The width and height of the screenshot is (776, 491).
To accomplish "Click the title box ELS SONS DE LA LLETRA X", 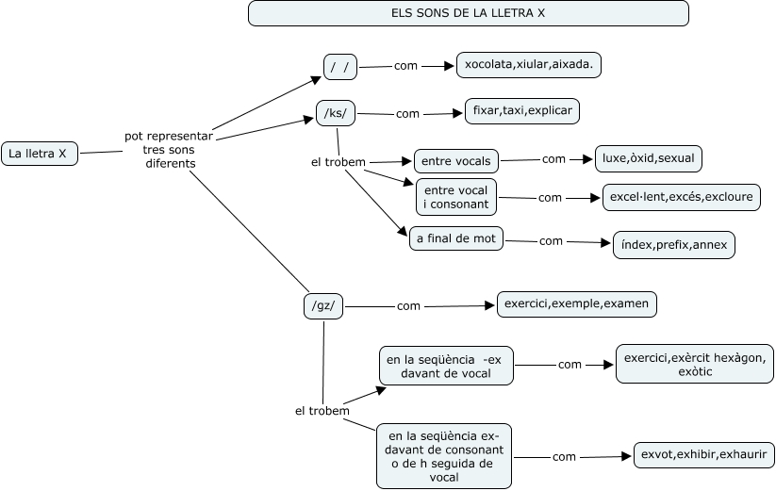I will pos(468,13).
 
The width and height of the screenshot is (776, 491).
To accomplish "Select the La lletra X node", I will pos(39,153).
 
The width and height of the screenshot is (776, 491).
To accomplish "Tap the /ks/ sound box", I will pos(336,114).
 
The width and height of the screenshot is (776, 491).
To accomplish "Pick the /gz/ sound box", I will pos(323,305).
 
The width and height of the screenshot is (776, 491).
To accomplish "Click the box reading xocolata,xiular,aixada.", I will pos(529,65).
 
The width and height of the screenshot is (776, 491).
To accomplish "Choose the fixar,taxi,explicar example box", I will pos(521,111).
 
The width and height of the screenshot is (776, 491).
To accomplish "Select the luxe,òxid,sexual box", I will pos(649,159).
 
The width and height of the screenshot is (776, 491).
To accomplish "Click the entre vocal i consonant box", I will pos(456,197).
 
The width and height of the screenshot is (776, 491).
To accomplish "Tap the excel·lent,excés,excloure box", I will pos(682,198).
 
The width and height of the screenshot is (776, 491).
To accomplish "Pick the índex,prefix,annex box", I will pos(673,245).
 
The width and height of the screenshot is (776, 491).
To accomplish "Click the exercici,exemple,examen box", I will pos(577,304).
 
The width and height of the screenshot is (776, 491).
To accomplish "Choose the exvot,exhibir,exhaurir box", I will pos(703,455).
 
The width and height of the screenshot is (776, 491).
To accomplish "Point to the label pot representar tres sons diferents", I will pos(169,150).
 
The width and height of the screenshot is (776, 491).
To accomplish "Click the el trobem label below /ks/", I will pos(338,162).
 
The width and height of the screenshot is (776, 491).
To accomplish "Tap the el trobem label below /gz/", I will pos(322,411).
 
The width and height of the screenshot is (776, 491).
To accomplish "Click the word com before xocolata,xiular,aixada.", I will pos(405,66).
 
